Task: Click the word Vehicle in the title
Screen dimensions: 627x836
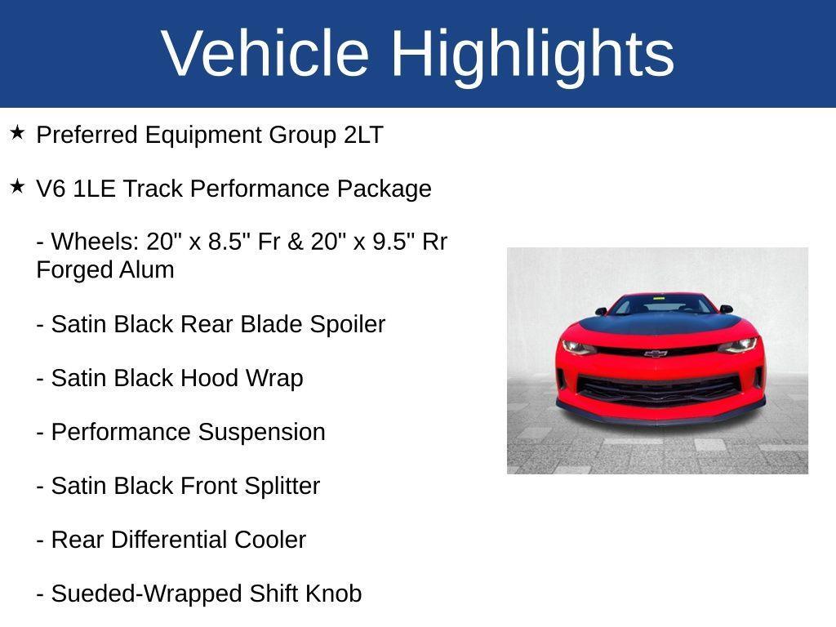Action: coord(266,53)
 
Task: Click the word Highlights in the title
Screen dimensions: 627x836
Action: coord(532,53)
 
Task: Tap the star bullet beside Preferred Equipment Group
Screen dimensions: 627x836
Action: coord(18,132)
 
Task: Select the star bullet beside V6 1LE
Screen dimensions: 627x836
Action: coord(18,186)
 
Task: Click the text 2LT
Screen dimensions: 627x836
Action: coord(363,136)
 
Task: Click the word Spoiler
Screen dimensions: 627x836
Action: coord(347,325)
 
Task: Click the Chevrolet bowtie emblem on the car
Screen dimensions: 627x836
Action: coord(656,354)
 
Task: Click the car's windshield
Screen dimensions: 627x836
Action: coord(661,305)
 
